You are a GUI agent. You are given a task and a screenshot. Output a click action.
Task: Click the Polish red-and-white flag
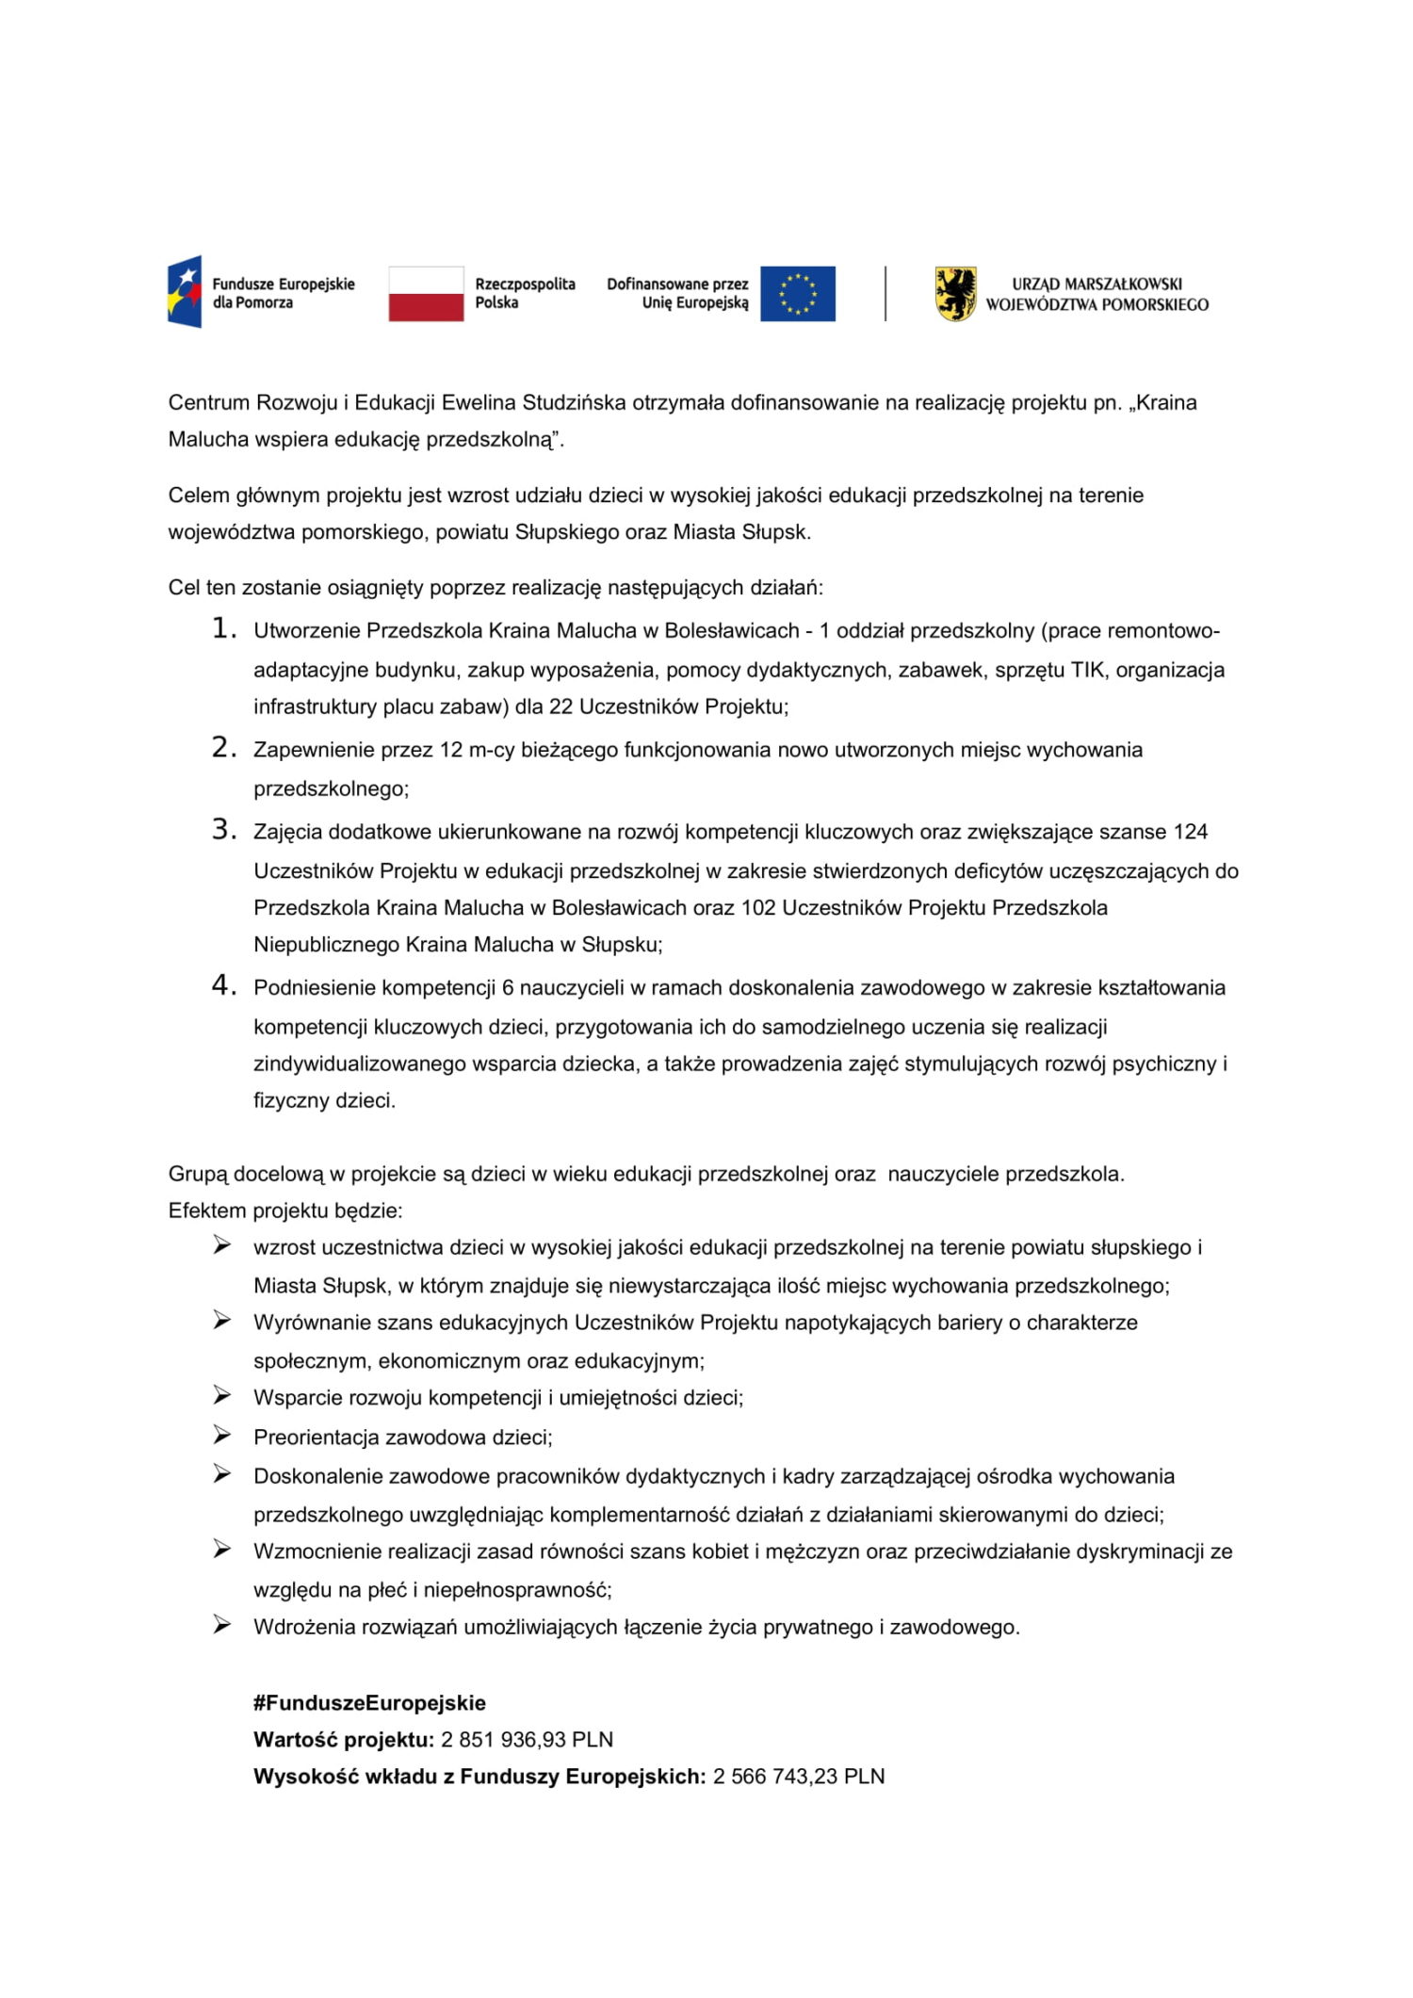pos(426,294)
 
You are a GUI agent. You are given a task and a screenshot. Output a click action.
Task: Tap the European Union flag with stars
pos(797,294)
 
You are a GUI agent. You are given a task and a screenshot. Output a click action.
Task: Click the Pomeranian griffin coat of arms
pos(955,294)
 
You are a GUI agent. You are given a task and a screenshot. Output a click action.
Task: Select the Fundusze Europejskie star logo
pos(186,292)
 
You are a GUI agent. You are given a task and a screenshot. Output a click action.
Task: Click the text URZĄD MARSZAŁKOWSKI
pos(1096,284)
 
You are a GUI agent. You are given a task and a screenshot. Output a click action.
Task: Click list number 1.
pos(222,629)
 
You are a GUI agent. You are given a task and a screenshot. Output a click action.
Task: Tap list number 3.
pos(222,830)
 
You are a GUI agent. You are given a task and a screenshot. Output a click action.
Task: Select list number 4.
pos(222,986)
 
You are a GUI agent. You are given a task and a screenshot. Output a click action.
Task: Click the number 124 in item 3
pos(1191,832)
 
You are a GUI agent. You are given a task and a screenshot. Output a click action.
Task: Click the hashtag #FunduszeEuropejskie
pos(369,1703)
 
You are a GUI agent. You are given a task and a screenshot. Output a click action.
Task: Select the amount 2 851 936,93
pos(503,1740)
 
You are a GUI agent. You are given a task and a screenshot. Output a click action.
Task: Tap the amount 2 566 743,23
pos(775,1777)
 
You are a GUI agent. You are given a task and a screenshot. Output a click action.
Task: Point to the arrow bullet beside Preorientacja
pos(221,1436)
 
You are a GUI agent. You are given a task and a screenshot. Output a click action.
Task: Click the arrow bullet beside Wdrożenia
pos(221,1625)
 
